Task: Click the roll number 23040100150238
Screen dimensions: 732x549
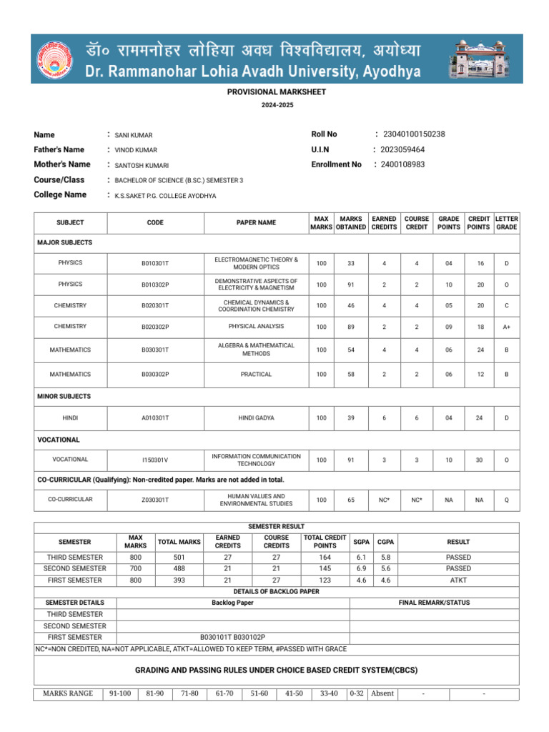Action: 414,134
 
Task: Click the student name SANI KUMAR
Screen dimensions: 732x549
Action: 134,135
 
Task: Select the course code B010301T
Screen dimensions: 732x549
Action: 155,264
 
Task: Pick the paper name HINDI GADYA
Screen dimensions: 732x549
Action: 256,418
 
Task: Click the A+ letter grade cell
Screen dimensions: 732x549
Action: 506,327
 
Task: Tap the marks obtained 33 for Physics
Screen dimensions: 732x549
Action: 350,264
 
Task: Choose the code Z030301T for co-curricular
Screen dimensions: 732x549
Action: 155,500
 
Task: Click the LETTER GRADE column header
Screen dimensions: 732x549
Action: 506,222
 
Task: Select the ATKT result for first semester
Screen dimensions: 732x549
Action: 458,580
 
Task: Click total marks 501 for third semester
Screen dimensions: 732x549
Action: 179,558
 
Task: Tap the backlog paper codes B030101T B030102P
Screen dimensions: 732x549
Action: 232,637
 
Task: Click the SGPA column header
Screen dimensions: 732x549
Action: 361,542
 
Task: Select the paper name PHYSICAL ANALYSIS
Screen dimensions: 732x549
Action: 256,327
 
